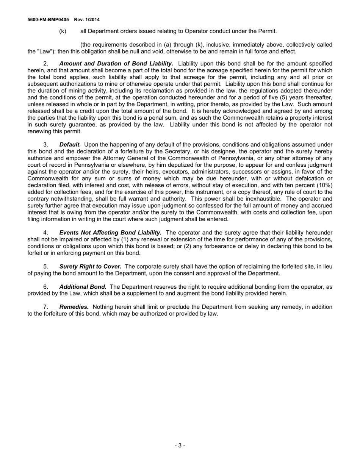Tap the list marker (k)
point(63,31)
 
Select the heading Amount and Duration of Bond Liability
point(116,64)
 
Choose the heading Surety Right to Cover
point(90,267)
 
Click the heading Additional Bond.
point(83,287)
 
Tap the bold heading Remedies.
point(74,307)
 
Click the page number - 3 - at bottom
point(180,446)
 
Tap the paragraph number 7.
point(45,307)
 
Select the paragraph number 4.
point(45,233)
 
